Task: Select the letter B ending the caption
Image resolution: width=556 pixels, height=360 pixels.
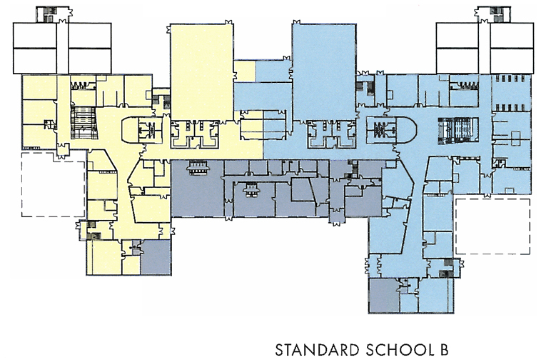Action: pyautogui.click(x=444, y=350)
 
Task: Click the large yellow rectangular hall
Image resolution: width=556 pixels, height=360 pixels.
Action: pyautogui.click(x=202, y=72)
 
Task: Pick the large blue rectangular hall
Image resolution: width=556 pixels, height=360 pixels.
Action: pyautogui.click(x=324, y=72)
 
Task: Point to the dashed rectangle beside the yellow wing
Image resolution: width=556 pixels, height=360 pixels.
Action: pyautogui.click(x=54, y=184)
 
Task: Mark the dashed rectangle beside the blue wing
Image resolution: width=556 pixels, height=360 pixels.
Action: pyautogui.click(x=493, y=226)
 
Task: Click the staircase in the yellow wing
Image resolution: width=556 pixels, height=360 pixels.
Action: pyautogui.click(x=84, y=122)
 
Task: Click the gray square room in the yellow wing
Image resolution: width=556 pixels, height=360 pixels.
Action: pyautogui.click(x=156, y=257)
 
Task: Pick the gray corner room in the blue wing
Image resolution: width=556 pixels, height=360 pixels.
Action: pyautogui.click(x=384, y=296)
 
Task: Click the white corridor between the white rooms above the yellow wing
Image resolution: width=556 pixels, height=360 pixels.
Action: pyautogui.click(x=62, y=48)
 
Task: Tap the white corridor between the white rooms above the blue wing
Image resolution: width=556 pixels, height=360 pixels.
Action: pyautogui.click(x=485, y=48)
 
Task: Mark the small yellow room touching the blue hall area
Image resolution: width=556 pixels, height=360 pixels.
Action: pyautogui.click(x=244, y=71)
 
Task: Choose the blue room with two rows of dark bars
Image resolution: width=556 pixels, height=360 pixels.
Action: pyautogui.click(x=511, y=93)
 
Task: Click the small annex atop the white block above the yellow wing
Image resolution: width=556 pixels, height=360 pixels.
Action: pyautogui.click(x=52, y=14)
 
